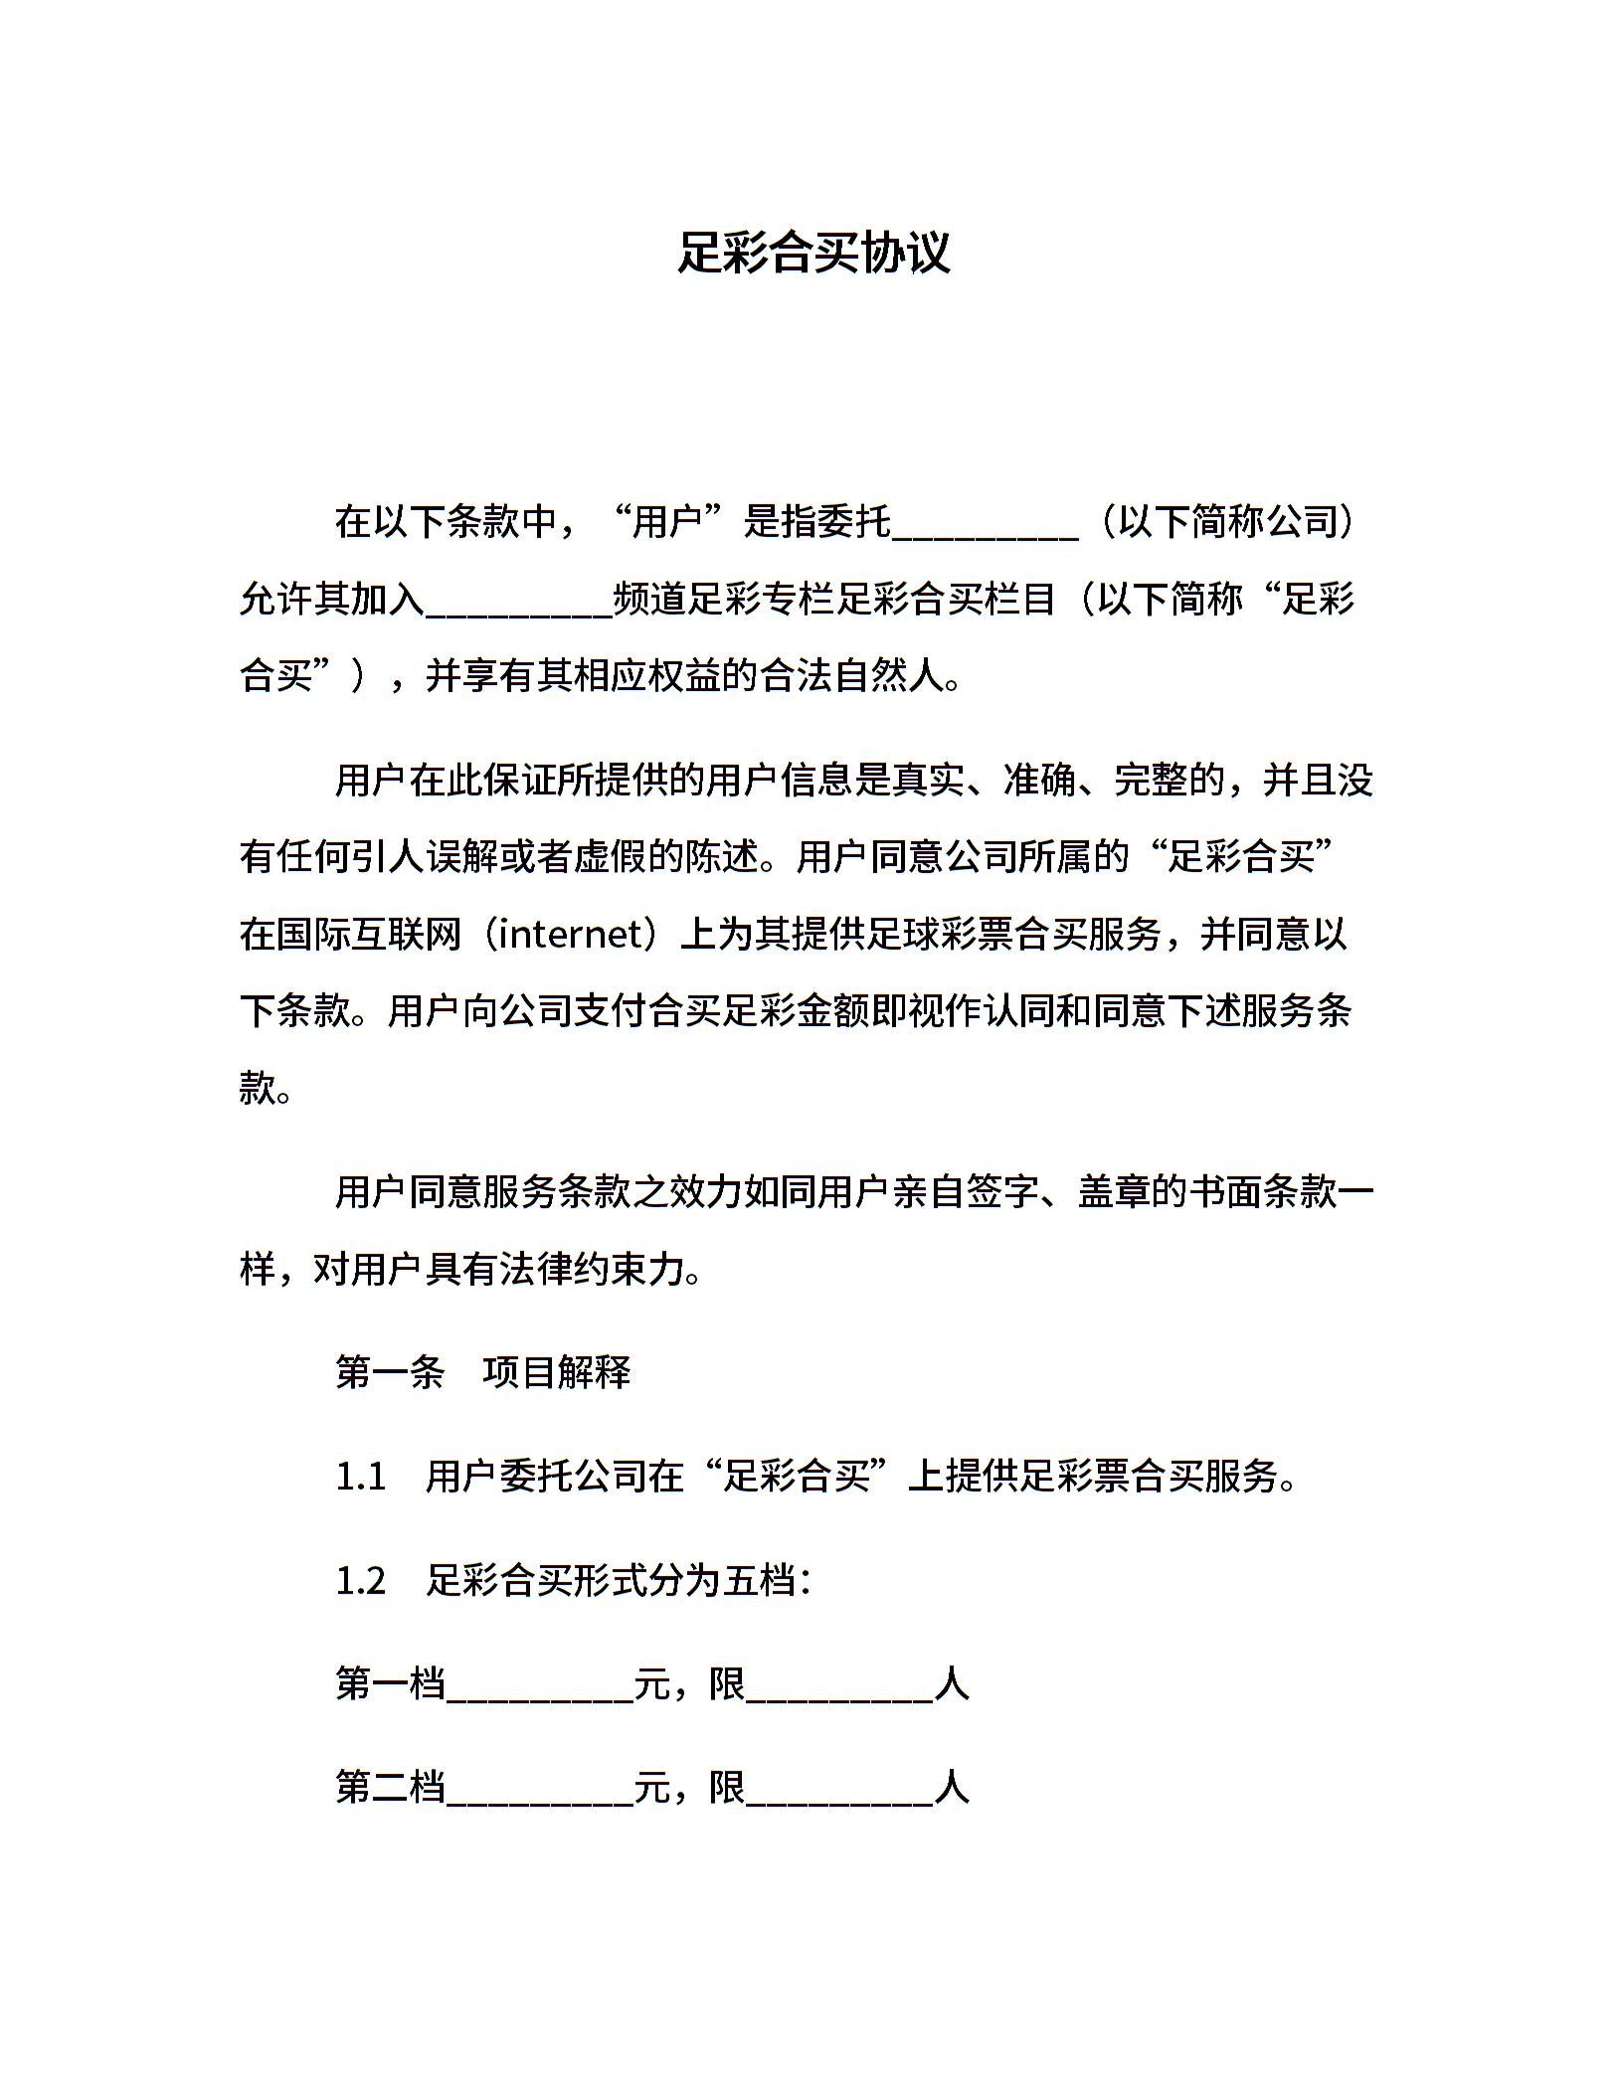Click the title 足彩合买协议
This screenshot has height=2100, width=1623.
click(x=813, y=253)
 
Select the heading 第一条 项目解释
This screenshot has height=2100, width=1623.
click(x=483, y=1373)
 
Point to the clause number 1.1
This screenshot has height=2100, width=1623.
click(x=361, y=1477)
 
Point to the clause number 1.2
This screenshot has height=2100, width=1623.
click(x=361, y=1580)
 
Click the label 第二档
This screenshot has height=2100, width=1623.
click(x=390, y=1787)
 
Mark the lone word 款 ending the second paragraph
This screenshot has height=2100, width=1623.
click(x=257, y=1089)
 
